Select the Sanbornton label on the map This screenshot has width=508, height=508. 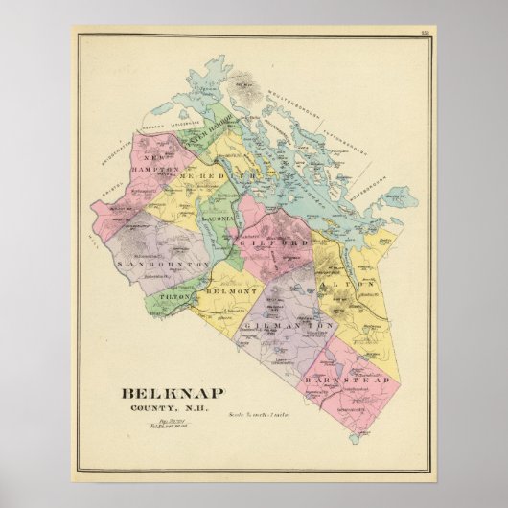(x=151, y=263)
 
